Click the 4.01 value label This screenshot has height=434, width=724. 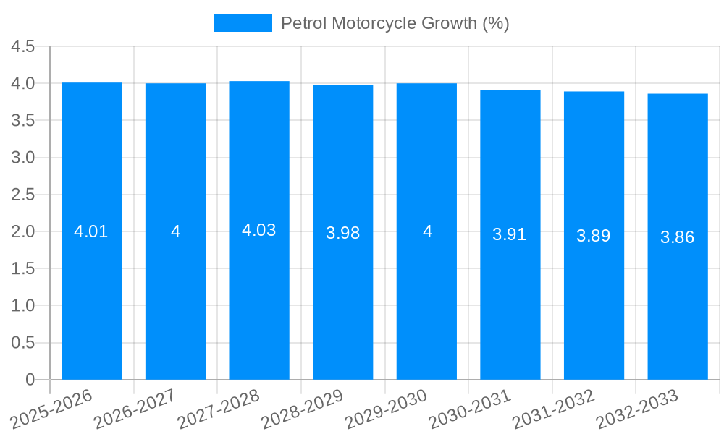pyautogui.click(x=91, y=232)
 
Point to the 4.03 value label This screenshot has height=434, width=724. pyautogui.click(x=259, y=230)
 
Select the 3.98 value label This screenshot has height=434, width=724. pyautogui.click(x=343, y=233)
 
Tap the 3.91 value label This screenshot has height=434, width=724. pyautogui.click(x=510, y=234)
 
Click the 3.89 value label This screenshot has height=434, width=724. pyautogui.click(x=594, y=236)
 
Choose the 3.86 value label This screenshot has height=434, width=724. pyautogui.click(x=678, y=237)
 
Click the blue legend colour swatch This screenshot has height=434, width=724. pyautogui.click(x=243, y=23)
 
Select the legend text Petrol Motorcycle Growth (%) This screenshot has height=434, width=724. pyautogui.click(x=395, y=23)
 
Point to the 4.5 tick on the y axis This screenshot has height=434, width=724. pyautogui.click(x=23, y=47)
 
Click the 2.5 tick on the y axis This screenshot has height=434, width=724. pyautogui.click(x=23, y=195)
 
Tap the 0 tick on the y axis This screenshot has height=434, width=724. pyautogui.click(x=30, y=380)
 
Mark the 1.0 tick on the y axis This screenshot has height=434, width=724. pyautogui.click(x=23, y=306)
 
